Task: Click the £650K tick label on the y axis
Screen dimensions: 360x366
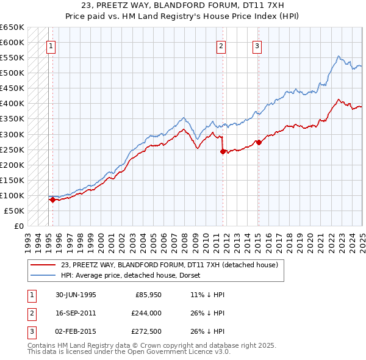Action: click(x=12, y=27)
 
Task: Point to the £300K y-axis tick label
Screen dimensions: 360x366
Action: click(x=12, y=134)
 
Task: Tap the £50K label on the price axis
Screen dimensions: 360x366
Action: click(x=14, y=211)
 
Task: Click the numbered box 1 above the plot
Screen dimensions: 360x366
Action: click(x=51, y=45)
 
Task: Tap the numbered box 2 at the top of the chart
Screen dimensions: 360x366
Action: click(x=221, y=45)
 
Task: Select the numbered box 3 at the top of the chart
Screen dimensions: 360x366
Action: click(x=257, y=45)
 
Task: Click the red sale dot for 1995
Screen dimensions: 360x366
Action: click(x=52, y=200)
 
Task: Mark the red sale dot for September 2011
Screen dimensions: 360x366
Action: click(x=223, y=151)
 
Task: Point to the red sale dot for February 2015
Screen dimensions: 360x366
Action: click(x=258, y=142)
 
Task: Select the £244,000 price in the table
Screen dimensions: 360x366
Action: click(x=146, y=314)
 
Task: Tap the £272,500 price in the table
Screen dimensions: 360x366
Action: click(x=146, y=333)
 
